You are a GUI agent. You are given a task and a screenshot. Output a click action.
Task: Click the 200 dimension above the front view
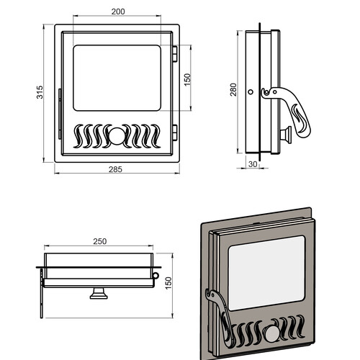[118, 12]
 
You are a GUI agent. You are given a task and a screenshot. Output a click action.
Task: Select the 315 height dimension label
[40, 92]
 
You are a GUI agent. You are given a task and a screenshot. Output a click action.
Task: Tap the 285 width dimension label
[115, 169]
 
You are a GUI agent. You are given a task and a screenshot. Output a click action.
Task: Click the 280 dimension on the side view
[233, 89]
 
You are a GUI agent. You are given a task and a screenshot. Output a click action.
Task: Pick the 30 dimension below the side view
[253, 164]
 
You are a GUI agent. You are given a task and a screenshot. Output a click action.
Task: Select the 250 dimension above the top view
[100, 241]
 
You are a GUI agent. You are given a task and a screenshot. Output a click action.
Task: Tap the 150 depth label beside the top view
[168, 283]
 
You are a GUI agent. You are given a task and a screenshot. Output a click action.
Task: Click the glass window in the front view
[117, 78]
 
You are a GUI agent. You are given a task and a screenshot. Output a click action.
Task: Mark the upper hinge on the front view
[175, 54]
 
